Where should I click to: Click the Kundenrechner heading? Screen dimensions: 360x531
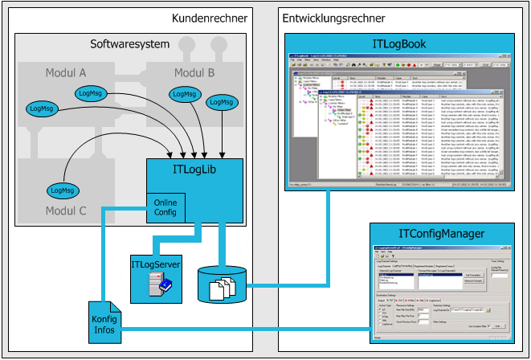(209, 18)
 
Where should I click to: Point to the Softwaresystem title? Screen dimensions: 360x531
(129, 44)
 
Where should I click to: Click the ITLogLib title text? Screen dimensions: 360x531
(194, 170)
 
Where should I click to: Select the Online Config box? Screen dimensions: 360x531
(165, 209)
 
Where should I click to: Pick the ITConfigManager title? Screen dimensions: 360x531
(441, 233)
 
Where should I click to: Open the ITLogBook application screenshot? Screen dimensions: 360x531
(399, 121)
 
